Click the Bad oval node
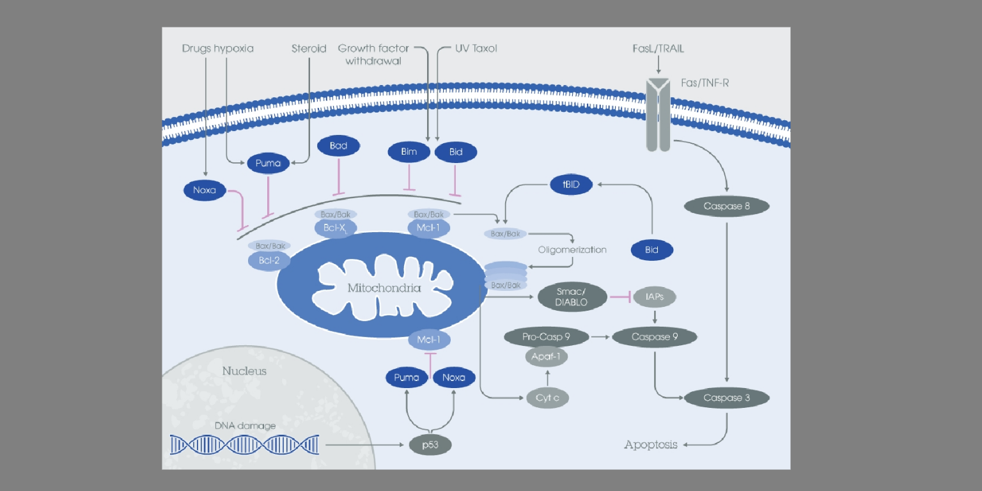(x=338, y=146)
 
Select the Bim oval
(x=409, y=152)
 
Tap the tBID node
(x=572, y=185)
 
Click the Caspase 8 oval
(x=726, y=206)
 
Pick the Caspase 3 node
(x=726, y=398)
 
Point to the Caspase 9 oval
(x=655, y=336)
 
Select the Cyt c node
(x=547, y=398)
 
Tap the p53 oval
(x=431, y=444)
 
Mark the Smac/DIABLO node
(x=572, y=297)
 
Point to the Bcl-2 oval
(x=269, y=260)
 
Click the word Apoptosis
(x=651, y=444)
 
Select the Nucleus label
(x=244, y=371)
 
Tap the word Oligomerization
(x=572, y=249)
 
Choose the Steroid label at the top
(x=309, y=48)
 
